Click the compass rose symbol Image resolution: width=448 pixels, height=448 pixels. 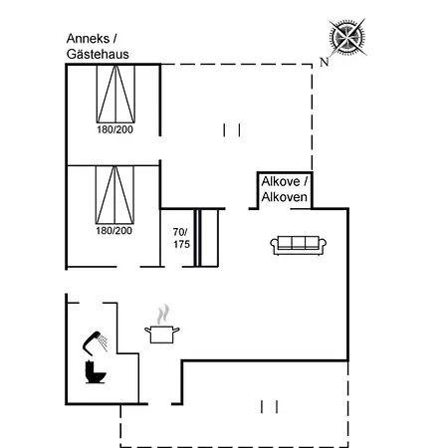347,37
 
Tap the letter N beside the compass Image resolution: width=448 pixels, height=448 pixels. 325,62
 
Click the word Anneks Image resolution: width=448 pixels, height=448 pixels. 88,39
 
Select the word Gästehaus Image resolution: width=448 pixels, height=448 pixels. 98,54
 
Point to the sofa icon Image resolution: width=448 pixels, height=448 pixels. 298,246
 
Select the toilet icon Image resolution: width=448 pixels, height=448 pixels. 96,371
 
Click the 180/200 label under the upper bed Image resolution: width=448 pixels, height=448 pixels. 114,129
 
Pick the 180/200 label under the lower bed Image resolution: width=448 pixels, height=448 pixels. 113,231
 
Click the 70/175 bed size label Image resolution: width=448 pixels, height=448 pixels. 181,238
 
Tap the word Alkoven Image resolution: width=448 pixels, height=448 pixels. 284,197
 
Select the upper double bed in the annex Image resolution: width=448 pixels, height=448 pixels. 115,94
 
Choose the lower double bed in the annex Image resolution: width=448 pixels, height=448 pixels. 114,195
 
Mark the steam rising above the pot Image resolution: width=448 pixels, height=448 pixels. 163,314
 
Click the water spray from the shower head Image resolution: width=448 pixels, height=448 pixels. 103,342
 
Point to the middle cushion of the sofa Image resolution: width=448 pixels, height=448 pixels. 298,243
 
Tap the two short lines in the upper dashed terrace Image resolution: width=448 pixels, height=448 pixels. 232,130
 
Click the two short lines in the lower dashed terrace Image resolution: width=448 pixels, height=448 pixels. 269,407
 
